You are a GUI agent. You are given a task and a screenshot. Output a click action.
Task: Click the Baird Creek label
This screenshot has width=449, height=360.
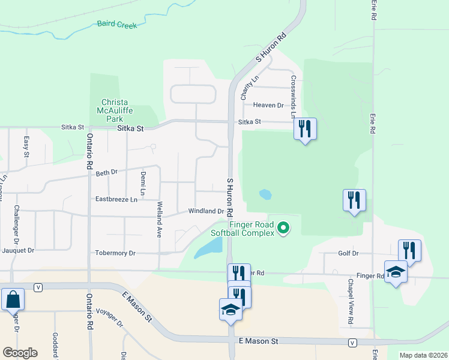tap(117, 25)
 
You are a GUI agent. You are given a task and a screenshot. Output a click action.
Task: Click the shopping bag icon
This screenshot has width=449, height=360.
tap(13, 298)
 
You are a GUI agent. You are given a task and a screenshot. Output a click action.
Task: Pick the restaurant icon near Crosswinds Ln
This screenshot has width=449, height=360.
tap(305, 128)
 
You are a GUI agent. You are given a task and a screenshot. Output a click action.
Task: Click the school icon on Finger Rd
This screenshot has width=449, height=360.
tap(396, 272)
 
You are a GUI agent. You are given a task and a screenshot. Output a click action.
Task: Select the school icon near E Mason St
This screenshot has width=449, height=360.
tap(230, 310)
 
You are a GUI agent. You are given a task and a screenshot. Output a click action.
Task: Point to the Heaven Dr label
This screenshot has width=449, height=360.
tap(268, 105)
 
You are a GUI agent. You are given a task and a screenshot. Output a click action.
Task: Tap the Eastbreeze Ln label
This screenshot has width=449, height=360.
tap(116, 199)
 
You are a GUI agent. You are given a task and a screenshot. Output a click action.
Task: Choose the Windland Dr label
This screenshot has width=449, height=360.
tap(206, 211)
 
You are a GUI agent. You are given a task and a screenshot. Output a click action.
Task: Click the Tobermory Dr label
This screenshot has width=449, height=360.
tap(115, 253)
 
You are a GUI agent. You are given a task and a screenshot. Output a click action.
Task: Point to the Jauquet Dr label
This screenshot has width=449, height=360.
tap(18, 250)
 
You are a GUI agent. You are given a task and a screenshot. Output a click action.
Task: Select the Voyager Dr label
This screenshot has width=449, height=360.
tap(109, 323)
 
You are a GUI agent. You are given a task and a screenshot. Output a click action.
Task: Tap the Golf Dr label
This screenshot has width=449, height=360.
tap(348, 254)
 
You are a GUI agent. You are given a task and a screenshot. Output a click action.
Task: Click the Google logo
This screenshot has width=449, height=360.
tap(20, 353)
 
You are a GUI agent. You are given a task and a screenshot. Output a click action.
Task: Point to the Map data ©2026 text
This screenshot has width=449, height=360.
tap(423, 355)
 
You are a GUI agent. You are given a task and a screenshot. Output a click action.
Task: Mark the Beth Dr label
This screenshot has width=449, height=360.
tap(106, 173)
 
